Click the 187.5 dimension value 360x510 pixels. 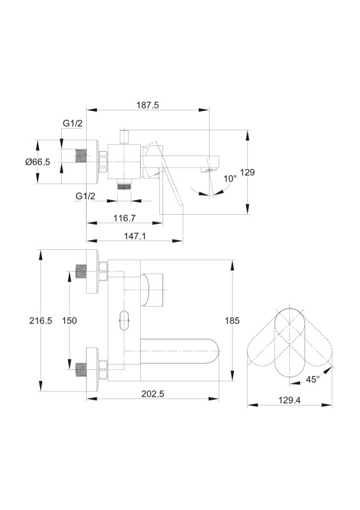click(148, 105)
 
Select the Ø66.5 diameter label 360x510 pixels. click(38, 162)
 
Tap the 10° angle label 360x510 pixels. click(231, 178)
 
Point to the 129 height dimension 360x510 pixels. click(247, 172)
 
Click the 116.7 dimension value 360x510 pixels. click(124, 218)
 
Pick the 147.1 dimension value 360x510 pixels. click(134, 236)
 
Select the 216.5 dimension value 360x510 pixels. click(41, 321)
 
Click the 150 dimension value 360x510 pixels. click(69, 321)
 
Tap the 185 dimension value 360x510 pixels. click(232, 321)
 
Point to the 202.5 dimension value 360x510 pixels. click(153, 394)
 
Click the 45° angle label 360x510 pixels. click(313, 379)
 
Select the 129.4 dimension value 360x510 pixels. click(289, 400)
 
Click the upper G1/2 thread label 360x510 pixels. click(73, 123)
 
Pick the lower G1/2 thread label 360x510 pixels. click(85, 196)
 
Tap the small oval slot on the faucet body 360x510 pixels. click(124, 321)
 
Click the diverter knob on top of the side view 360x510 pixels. click(124, 136)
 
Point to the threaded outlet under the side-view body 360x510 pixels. click(124, 186)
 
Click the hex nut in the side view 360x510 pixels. click(103, 162)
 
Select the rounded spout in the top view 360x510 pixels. click(180, 351)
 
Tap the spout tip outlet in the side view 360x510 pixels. click(210, 170)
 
